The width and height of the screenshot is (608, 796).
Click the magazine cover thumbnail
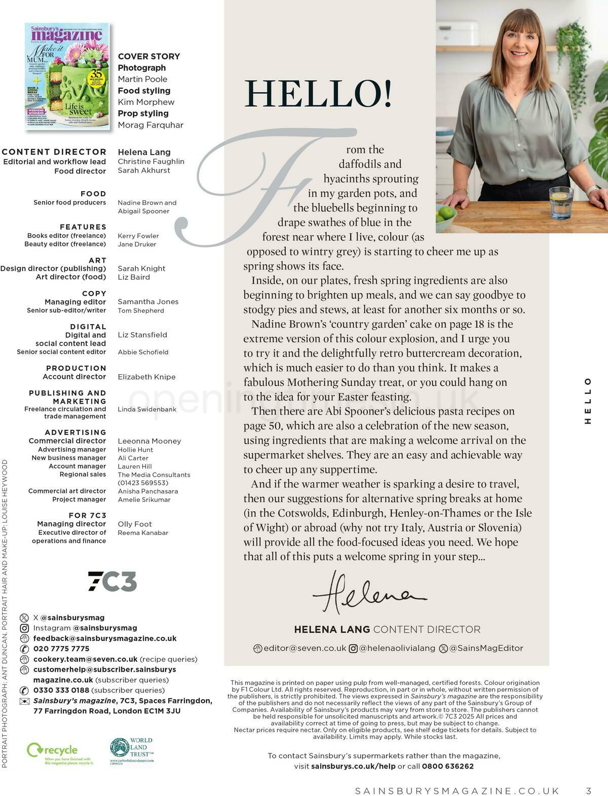pos(67,76)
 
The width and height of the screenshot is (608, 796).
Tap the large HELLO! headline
pos(318,94)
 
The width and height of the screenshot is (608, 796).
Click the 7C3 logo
pos(112,581)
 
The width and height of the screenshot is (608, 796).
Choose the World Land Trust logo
pos(132,751)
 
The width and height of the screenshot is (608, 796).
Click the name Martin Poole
pos(142,79)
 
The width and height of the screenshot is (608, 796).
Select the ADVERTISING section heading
pos(75,432)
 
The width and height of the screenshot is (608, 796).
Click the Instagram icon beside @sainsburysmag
pos(24,628)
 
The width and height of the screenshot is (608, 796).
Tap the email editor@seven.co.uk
pos(305,648)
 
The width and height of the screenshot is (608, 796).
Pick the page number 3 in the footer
pos(588,791)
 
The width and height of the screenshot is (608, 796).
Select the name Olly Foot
pos(135,524)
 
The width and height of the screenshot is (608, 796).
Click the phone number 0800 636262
pos(448,766)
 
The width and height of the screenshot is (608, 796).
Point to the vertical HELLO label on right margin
pos(588,401)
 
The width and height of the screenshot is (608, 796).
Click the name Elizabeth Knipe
pos(146,377)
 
